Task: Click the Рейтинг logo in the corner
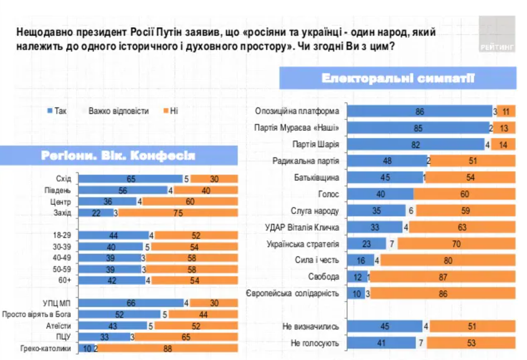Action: pos(497,34)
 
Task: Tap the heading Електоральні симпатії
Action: pos(398,78)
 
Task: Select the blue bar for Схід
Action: pos(130,179)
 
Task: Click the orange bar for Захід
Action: pos(178,212)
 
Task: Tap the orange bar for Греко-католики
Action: pos(168,348)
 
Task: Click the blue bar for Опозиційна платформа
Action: pos(419,111)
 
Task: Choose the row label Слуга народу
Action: pos(315,211)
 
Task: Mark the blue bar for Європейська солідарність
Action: pos(356,293)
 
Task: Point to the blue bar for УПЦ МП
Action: pos(131,303)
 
